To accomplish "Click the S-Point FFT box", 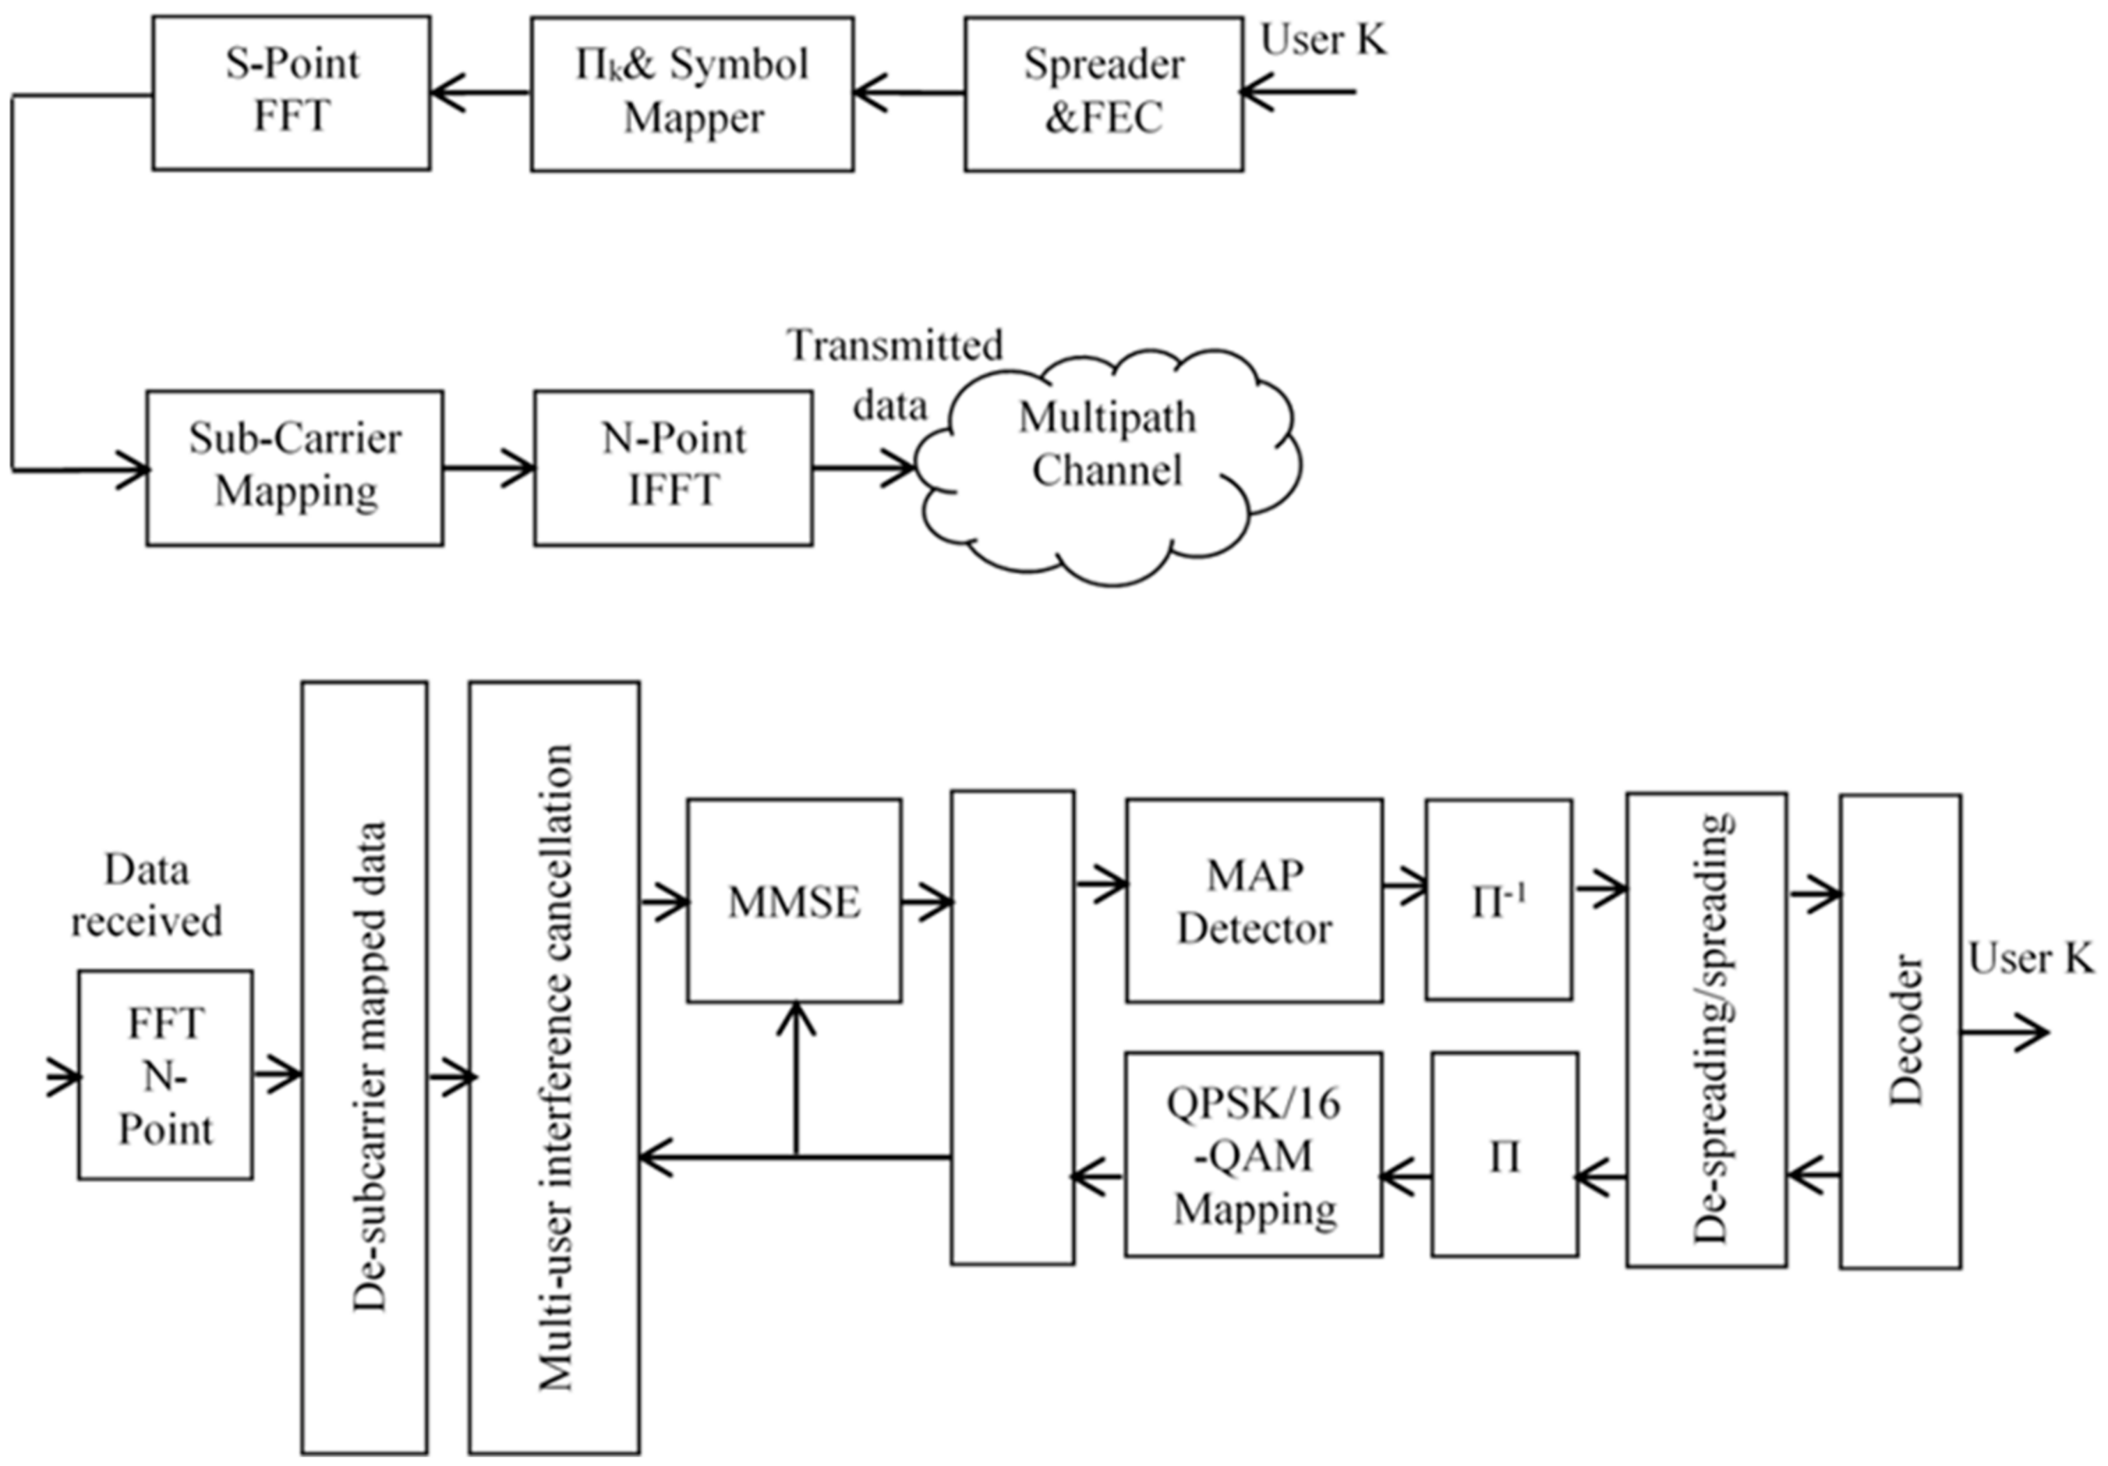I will coord(291,92).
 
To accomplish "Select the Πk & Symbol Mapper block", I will coord(692,93).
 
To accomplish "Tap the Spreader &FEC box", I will coord(1103,93).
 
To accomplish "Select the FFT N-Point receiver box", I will coord(165,1075).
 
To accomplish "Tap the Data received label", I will coord(147,894).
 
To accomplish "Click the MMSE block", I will coord(794,901).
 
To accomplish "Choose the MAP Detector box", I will coord(1254,901).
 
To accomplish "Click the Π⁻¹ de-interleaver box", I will coord(1498,901).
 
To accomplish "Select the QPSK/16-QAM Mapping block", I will coord(1254,1155).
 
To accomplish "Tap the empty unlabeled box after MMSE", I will coord(1013,1028).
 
